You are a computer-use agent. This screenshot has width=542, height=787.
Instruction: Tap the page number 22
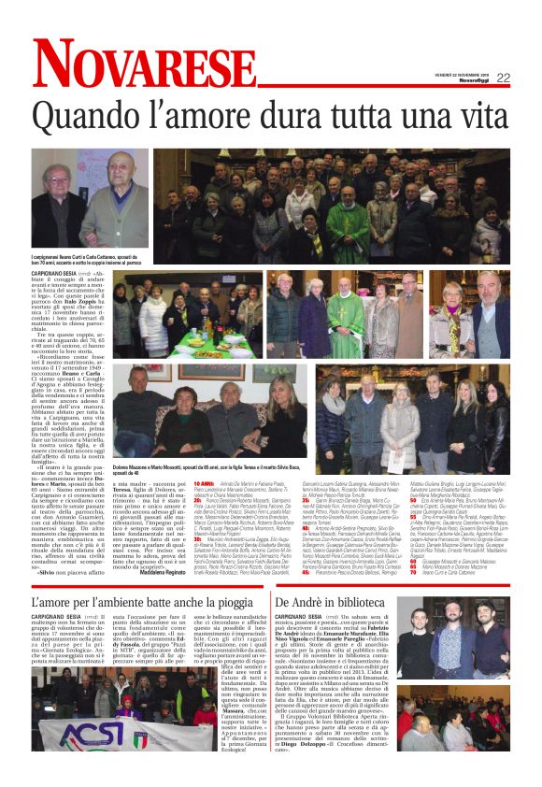(x=503, y=78)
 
